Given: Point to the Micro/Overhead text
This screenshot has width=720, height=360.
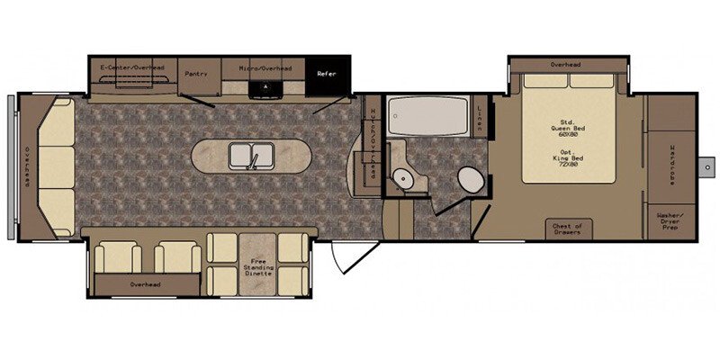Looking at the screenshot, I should [265, 67].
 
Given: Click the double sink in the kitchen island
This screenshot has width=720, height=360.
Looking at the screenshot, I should [251, 157].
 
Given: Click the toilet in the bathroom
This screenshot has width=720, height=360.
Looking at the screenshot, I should [470, 180].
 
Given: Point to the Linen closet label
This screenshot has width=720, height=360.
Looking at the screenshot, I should [480, 117].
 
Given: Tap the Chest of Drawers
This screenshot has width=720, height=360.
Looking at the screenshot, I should [568, 229].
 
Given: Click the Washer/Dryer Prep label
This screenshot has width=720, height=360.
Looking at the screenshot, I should [670, 221].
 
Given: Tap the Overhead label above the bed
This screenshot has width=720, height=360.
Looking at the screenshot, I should [565, 65].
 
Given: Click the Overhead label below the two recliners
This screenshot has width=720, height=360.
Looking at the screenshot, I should [144, 284].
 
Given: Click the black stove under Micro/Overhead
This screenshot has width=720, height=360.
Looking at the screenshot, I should [265, 87].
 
